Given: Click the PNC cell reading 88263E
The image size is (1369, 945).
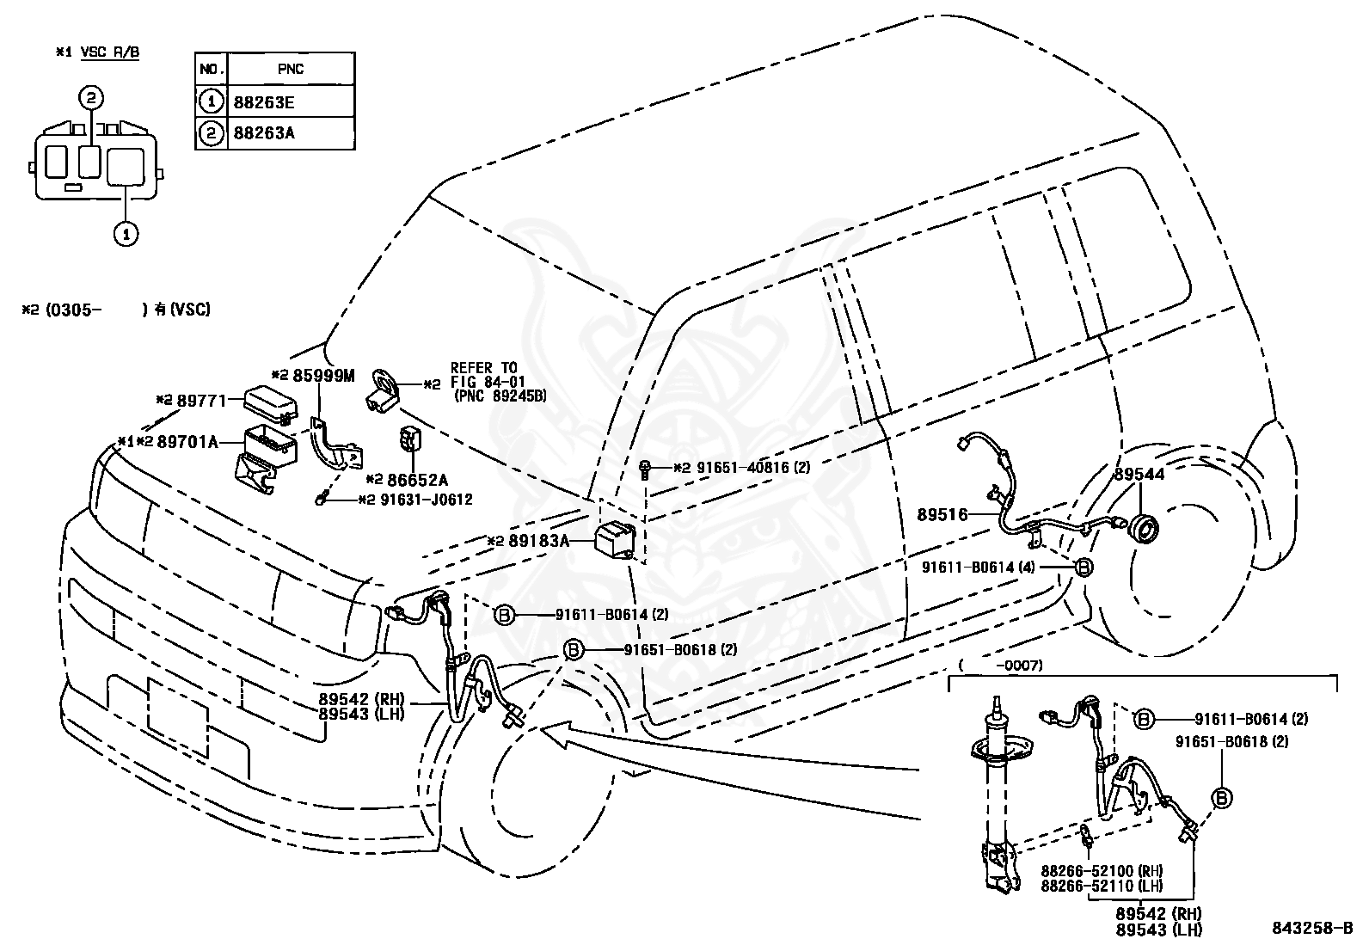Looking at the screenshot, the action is click(263, 102).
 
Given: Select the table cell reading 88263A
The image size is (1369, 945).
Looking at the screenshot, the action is click(263, 132).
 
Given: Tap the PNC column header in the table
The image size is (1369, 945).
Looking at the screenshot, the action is click(291, 69).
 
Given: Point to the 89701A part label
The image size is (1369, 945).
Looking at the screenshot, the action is click(187, 441).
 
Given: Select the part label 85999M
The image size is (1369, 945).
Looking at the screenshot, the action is click(323, 375).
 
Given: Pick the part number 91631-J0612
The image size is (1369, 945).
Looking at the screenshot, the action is click(427, 500).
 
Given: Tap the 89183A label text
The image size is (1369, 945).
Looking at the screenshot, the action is click(539, 541).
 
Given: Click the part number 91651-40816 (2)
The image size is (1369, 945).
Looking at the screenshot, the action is click(753, 468).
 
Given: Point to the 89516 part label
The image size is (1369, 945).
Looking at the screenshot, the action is click(942, 515).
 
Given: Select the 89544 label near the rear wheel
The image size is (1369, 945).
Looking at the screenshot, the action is click(1139, 475).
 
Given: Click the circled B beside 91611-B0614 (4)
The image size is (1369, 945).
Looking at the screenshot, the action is click(1083, 568).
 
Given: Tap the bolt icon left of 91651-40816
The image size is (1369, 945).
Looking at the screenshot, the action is click(644, 470).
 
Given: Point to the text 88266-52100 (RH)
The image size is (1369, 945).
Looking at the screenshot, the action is click(1102, 870).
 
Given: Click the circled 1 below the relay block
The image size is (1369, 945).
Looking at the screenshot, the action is click(126, 234).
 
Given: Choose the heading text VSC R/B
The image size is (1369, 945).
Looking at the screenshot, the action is click(110, 52).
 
